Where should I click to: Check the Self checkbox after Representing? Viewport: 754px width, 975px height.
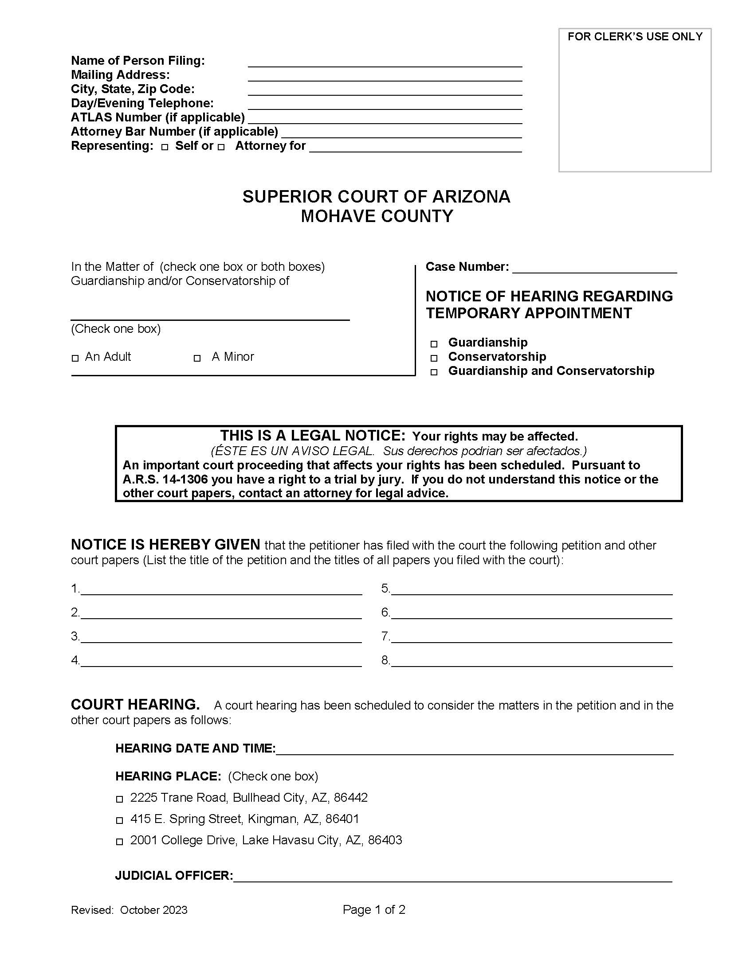coord(165,147)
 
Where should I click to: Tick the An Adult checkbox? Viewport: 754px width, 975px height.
coord(75,358)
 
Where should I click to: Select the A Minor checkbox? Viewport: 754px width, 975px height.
coord(197,358)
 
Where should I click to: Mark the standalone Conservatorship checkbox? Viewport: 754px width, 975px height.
coord(434,358)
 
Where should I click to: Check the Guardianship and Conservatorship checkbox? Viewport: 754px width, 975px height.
coord(434,372)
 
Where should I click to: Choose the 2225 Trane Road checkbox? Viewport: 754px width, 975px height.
coord(119,799)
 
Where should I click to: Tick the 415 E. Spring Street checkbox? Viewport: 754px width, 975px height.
coord(119,820)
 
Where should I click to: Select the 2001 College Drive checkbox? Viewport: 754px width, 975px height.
coord(119,842)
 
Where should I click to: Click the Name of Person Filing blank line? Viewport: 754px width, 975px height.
coord(385,62)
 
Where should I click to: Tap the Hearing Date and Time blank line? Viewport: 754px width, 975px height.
coord(474,749)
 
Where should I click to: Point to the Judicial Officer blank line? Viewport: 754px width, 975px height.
coord(452,877)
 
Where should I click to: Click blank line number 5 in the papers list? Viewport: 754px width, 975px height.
coord(531,589)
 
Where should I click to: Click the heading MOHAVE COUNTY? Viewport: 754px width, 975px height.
coord(377,217)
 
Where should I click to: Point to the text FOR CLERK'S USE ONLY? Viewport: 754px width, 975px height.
coord(635,37)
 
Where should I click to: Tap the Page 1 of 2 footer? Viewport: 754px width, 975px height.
coord(374,910)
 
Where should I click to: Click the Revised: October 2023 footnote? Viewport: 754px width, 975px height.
coord(129,910)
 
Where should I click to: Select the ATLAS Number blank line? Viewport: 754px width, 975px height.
coord(385,119)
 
